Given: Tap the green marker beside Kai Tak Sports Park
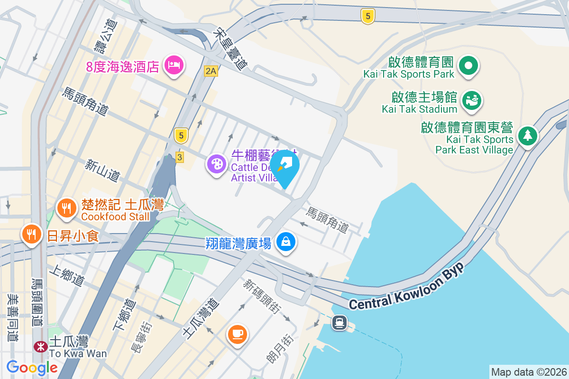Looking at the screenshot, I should point(469,65).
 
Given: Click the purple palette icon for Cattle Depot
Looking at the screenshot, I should point(216,165).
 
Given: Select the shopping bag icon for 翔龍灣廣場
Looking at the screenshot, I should point(286,242).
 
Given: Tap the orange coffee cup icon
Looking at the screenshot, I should point(237,334).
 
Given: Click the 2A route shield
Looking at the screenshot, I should point(211,72).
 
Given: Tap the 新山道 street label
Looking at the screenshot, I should point(102,170).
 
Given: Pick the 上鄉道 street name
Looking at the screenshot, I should point(67,276).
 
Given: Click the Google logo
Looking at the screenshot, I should point(32,368).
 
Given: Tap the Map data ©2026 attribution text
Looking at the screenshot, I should point(529,372).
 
